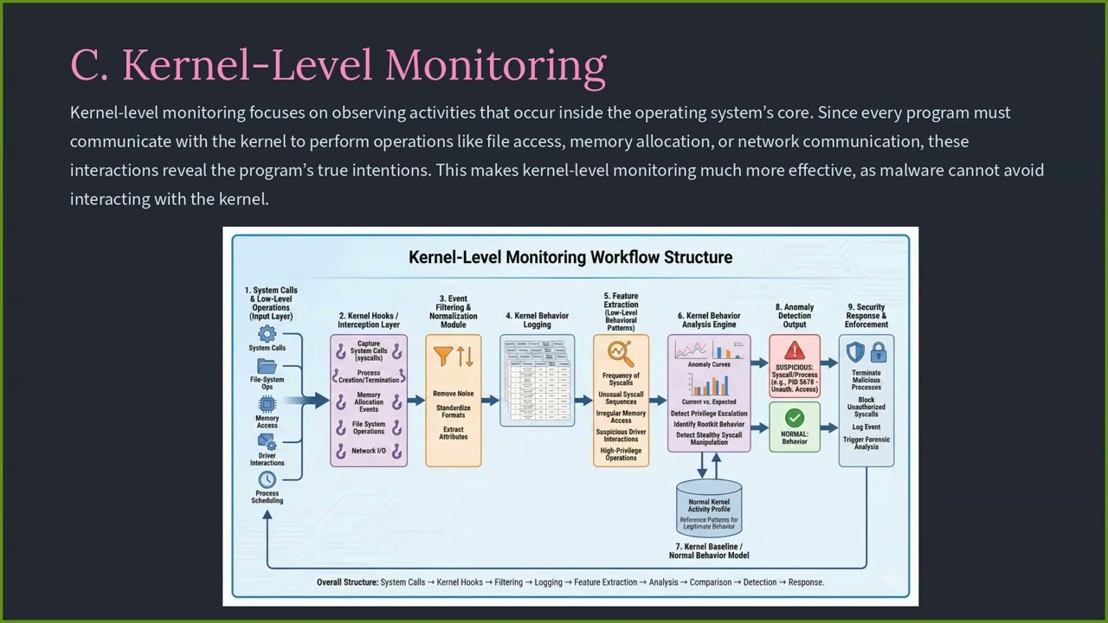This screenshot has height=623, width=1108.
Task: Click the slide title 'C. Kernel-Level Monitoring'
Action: pos(338,66)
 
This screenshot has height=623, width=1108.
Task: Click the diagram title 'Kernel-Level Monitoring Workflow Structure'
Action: pos(570,257)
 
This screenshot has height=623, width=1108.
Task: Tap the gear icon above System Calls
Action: pos(267,334)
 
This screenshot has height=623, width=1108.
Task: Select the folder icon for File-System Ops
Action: pos(267,367)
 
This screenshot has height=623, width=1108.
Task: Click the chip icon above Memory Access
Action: pos(267,404)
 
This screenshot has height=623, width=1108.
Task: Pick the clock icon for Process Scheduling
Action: pos(267,479)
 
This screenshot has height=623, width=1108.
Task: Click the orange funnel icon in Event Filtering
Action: pos(443,356)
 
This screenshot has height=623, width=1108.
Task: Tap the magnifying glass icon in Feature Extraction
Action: pos(620,354)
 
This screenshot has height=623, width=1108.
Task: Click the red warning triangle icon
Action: pos(794,350)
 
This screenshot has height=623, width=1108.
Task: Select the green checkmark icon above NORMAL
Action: pos(794,418)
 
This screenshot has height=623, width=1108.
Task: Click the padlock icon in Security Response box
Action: pos(878,352)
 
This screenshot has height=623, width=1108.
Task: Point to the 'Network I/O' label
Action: pos(369,451)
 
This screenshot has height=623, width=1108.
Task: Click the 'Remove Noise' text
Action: pos(453,394)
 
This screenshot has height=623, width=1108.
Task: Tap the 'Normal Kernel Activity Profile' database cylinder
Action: pos(708,509)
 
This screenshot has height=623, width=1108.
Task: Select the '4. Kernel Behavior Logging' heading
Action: pos(537,320)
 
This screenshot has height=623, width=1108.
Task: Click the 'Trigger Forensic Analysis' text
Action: pos(866,443)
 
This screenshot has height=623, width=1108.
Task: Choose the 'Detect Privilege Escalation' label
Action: pos(708,414)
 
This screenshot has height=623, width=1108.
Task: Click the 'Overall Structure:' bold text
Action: pos(347,582)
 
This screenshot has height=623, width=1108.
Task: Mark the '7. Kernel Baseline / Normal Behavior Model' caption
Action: pos(708,551)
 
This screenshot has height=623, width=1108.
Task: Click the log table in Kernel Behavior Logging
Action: pos(537,381)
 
